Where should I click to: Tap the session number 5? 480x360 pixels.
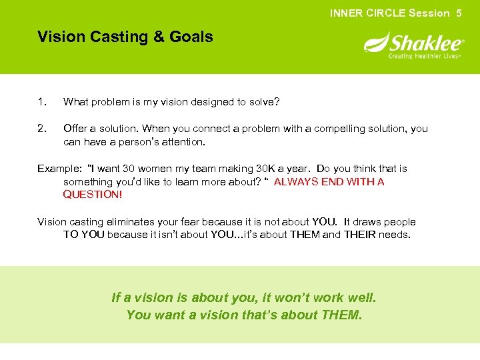pos(459,13)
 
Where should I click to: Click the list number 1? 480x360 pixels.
pos(41,102)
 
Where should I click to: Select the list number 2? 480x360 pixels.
pos(41,128)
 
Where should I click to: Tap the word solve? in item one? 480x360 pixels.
pos(265,102)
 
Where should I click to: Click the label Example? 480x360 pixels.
pos(59,169)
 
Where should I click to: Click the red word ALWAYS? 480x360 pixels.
pos(296,181)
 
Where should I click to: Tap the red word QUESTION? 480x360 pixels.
pos(93,195)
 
